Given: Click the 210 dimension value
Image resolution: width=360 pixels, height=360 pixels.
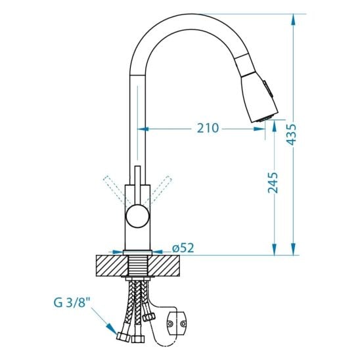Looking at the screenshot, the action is pyautogui.click(x=208, y=128).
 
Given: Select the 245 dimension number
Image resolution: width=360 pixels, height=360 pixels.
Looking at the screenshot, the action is pyautogui.click(x=273, y=183).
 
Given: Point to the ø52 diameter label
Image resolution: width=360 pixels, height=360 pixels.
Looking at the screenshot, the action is pyautogui.click(x=183, y=248).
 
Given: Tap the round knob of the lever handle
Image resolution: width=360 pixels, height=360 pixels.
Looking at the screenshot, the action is pyautogui.click(x=137, y=217).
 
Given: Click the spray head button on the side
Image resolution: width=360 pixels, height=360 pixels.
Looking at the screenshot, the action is pyautogui.click(x=268, y=88).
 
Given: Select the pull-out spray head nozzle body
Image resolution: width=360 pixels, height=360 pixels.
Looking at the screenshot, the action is pyautogui.click(x=259, y=98).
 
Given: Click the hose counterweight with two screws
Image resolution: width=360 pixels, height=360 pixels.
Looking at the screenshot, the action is pyautogui.click(x=176, y=323).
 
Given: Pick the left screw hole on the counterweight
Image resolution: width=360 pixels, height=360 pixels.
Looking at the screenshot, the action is pyautogui.click(x=170, y=324).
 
